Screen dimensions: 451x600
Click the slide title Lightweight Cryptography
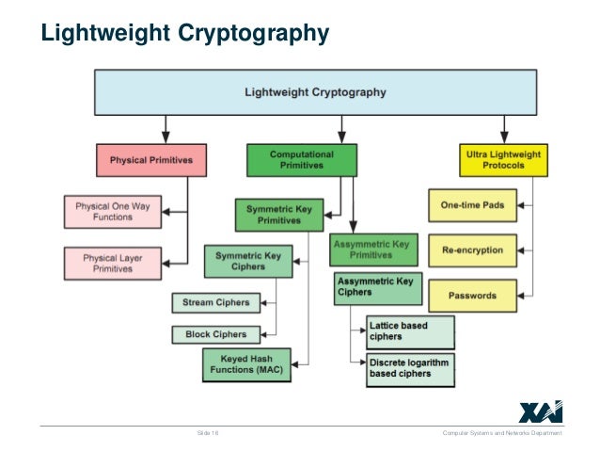click(184, 34)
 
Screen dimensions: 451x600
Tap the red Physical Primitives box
click(150, 160)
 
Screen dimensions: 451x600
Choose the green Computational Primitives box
click(301, 159)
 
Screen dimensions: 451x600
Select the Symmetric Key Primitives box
click(273, 214)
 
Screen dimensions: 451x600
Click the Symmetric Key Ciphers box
click(247, 261)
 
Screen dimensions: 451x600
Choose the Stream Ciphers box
click(215, 302)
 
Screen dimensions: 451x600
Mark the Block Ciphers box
click(215, 334)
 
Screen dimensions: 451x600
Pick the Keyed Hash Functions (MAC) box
click(246, 364)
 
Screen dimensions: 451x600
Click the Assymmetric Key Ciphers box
click(373, 287)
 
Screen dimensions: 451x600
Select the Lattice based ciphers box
click(409, 331)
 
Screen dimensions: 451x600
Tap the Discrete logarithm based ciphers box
click(409, 368)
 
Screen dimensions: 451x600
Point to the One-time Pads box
click(472, 205)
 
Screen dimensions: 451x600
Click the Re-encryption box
click(472, 250)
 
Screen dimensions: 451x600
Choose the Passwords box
click(472, 296)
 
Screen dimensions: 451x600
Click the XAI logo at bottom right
click(540, 411)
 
